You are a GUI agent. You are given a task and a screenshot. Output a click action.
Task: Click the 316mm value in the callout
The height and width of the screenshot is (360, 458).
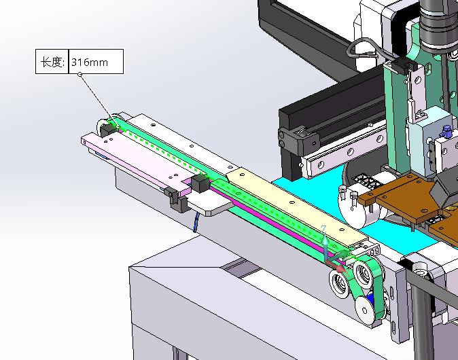tap(90, 62)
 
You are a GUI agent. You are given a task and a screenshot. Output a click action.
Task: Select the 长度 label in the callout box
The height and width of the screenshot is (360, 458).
tap(51, 62)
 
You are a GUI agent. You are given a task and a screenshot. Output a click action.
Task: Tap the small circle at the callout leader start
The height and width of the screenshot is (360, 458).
tap(80, 75)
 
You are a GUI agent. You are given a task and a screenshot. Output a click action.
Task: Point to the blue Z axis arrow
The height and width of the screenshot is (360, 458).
tap(325, 239)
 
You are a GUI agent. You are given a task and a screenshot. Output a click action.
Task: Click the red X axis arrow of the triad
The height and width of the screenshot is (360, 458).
tap(336, 266)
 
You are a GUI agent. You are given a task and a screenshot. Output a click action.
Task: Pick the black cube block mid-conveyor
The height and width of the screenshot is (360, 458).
tap(200, 183)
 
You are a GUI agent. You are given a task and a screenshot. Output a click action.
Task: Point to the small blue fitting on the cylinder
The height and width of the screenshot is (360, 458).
tap(445, 131)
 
